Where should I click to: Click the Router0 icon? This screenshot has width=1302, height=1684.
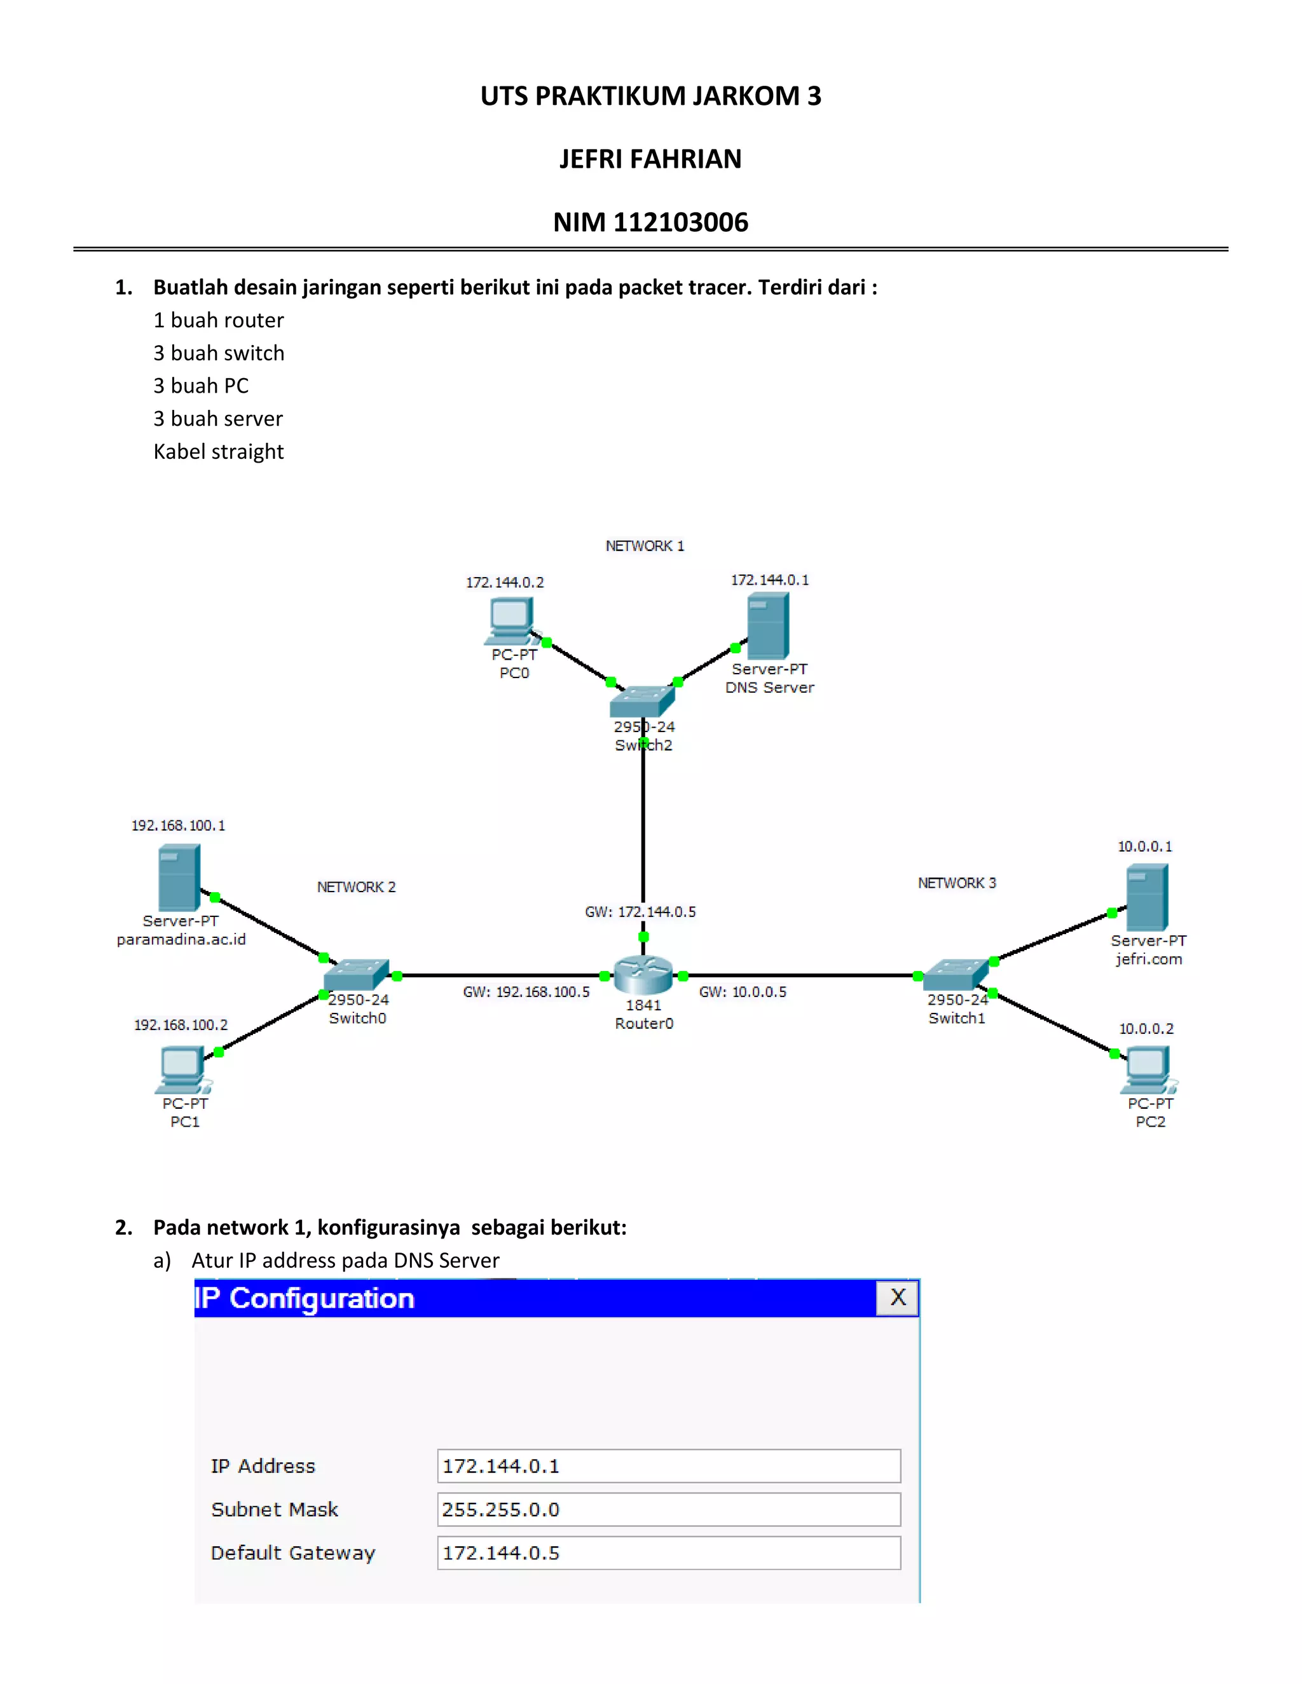[x=643, y=975]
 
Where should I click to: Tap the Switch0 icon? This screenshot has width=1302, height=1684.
[x=355, y=975]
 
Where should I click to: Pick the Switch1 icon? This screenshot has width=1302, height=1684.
[x=956, y=975]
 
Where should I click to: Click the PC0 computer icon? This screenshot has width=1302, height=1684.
[x=510, y=621]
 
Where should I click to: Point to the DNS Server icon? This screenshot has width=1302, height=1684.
[x=767, y=625]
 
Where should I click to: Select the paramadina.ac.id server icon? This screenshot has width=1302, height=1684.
[x=179, y=878]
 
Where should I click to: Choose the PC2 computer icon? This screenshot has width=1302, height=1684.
[x=1148, y=1069]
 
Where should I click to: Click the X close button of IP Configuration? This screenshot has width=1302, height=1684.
[x=897, y=1297]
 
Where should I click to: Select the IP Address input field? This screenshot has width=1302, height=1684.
[x=668, y=1466]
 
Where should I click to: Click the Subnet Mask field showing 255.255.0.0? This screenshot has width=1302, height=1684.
[x=668, y=1509]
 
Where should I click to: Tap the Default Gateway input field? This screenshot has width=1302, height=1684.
[x=668, y=1552]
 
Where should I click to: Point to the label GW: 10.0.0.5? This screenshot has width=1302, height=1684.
[x=743, y=991]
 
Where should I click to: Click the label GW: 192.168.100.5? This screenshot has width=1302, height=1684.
[x=526, y=991]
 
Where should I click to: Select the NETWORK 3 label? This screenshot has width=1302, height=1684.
[x=956, y=883]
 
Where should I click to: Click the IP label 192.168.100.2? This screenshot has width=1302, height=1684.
[x=181, y=1025]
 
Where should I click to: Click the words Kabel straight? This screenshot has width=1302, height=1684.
[x=218, y=451]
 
